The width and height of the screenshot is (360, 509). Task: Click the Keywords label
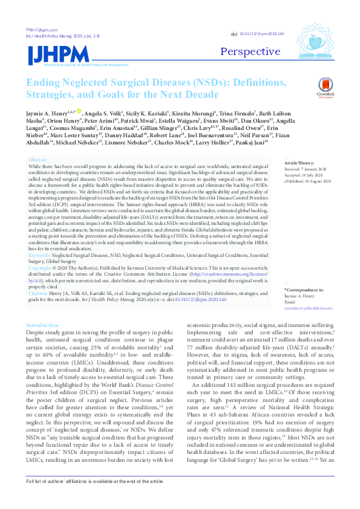[41, 256]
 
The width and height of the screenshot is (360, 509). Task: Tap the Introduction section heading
[42, 326]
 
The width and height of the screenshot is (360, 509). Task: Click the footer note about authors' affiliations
[94, 498]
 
